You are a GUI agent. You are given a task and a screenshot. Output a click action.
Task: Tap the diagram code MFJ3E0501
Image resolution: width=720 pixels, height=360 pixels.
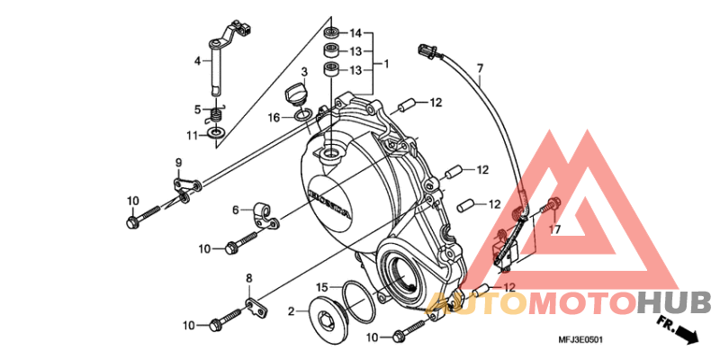tap(580, 340)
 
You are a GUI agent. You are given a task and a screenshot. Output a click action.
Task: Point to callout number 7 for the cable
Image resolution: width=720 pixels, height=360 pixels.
tap(480, 69)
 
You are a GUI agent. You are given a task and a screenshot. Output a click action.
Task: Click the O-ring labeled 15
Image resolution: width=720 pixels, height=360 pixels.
tap(358, 301)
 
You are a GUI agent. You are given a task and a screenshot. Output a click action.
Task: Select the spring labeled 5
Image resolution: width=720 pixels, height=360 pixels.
tap(218, 115)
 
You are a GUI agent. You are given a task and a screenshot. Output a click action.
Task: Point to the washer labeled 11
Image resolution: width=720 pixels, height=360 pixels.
tap(216, 133)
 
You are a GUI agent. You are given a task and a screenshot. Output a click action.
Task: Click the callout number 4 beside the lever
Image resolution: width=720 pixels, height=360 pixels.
tap(197, 60)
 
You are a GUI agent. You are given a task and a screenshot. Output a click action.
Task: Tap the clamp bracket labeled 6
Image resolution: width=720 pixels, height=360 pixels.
tap(265, 216)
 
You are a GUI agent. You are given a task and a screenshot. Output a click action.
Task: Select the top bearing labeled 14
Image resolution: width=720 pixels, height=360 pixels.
tap(331, 32)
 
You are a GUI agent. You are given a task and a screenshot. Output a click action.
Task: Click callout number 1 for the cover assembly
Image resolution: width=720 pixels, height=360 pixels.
tap(386, 64)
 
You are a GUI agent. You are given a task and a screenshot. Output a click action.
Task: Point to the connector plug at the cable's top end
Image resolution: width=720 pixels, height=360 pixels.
tap(427, 50)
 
